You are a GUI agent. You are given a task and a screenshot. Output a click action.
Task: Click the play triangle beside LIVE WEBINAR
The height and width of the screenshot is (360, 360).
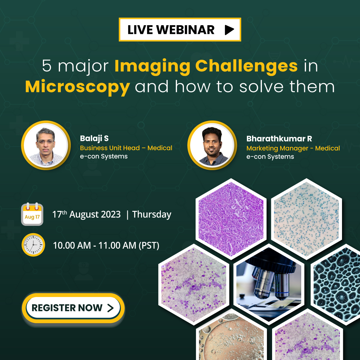point(229,30)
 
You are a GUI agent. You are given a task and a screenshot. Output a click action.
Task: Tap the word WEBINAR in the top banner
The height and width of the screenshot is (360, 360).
point(185,30)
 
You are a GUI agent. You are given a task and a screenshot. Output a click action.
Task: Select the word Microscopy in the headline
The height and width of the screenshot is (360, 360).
point(77,87)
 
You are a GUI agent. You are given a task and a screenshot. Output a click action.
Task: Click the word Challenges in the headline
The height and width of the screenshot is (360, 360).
point(247,66)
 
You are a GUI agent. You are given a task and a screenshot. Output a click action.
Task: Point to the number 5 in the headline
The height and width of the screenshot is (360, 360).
point(47,66)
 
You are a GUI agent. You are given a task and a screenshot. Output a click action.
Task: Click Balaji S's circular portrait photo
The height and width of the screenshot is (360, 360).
point(46,145)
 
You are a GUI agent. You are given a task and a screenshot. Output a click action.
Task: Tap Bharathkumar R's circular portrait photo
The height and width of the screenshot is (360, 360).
point(212,145)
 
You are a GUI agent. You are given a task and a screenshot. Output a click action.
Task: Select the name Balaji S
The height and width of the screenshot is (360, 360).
point(94,138)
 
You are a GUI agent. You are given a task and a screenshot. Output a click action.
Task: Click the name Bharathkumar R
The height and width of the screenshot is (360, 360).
point(279,139)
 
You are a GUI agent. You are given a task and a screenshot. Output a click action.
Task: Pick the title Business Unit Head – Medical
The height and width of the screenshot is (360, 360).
point(126,148)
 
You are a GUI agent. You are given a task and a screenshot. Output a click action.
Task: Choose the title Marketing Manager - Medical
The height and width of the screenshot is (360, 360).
point(293,148)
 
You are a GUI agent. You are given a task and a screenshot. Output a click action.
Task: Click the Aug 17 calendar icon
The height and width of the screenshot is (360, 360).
point(32,214)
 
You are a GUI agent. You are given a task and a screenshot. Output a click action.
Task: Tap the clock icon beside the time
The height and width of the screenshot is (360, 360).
point(33,245)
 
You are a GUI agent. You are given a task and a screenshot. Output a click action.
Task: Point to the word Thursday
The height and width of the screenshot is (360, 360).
point(152,214)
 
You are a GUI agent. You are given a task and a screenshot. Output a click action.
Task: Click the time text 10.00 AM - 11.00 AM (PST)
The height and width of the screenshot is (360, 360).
point(106,245)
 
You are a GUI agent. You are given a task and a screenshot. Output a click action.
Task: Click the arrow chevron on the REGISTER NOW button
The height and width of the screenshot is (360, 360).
point(110,308)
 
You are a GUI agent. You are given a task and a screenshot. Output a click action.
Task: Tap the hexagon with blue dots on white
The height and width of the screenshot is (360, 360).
point(306,219)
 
